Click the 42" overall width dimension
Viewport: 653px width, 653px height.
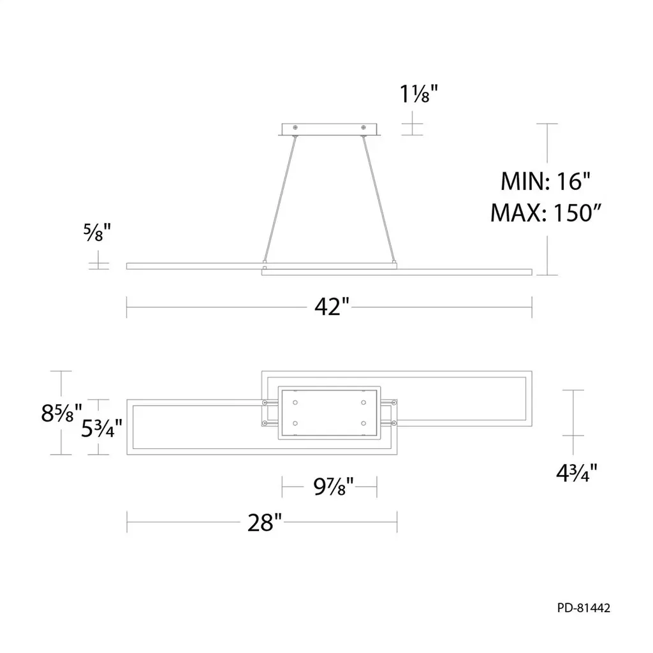332,307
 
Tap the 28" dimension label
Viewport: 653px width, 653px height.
265,522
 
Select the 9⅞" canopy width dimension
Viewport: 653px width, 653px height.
333,486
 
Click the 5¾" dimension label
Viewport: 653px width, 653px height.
101,428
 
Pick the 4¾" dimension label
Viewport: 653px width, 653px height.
576,473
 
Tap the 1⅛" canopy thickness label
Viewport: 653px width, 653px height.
419,93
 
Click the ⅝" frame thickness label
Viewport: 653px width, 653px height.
97,232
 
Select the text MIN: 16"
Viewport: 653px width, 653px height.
546,181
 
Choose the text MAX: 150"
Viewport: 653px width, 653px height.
546,212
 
